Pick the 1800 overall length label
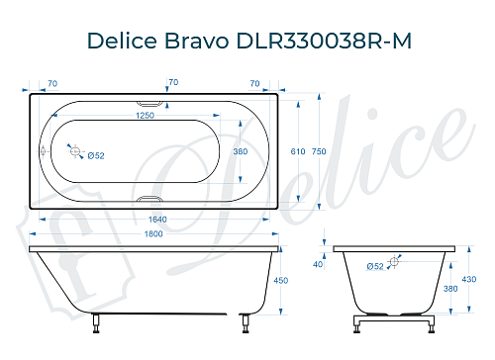coord(149,234)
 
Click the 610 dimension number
coord(297,151)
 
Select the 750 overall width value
coord(319,151)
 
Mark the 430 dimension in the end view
coord(472,281)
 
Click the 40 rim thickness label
coord(318,264)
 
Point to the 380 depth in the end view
coord(451,289)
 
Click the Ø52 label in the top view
coord(97,155)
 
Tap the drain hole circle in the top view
coord(72,149)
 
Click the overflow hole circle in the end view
coord(395,261)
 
